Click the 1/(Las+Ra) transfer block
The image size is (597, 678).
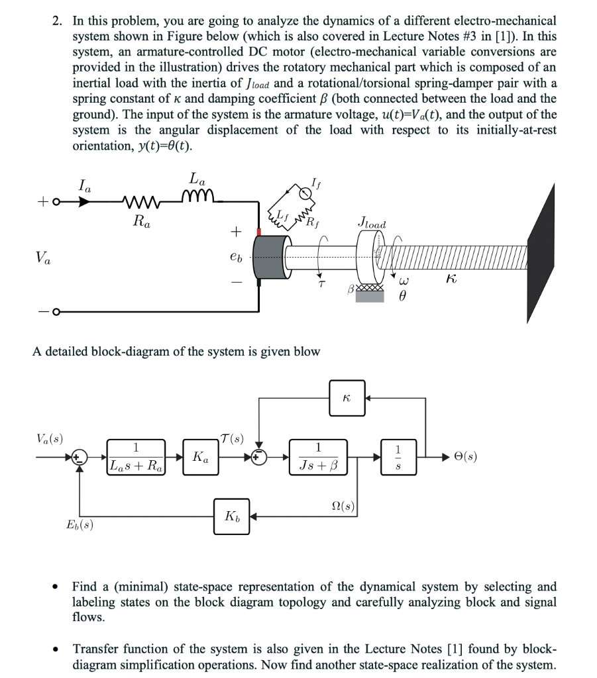pyautogui.click(x=136, y=456)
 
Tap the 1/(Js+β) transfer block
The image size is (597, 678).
pyautogui.click(x=318, y=456)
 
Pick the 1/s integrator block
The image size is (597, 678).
pyautogui.click(x=398, y=456)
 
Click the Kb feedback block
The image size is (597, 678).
pyautogui.click(x=232, y=516)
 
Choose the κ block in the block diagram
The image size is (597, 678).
pyautogui.click(x=347, y=397)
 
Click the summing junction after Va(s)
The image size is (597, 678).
pyautogui.click(x=80, y=457)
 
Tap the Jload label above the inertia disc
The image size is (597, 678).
pyautogui.click(x=371, y=224)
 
